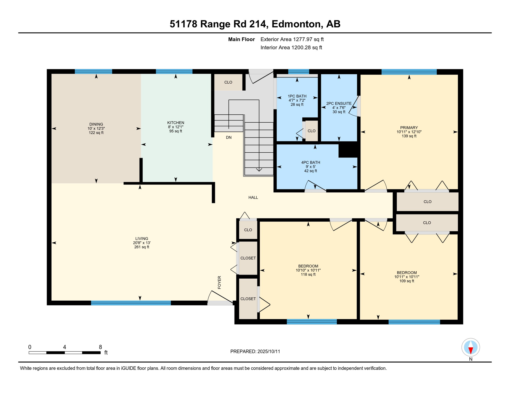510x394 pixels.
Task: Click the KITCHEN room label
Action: tap(176, 123)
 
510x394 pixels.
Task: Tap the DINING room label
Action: tap(96, 124)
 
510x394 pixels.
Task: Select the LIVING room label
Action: tap(142, 239)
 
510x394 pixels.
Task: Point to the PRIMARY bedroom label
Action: tap(409, 127)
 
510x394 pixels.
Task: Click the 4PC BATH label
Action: tap(311, 162)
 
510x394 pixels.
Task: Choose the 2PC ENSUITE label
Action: tap(339, 103)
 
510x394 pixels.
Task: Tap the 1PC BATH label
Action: tap(297, 96)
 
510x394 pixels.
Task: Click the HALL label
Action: tap(253, 198)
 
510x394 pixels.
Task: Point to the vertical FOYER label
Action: tap(219, 282)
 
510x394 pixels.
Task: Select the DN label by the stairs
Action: tap(229, 137)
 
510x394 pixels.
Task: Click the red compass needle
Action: tap(471, 350)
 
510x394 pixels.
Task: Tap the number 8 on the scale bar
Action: tap(100, 347)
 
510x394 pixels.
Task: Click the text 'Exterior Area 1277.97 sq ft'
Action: tap(292, 39)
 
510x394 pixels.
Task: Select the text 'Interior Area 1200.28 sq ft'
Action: tap(291, 47)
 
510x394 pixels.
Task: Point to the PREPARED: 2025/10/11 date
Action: tap(255, 351)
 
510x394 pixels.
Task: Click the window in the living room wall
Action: tap(131, 303)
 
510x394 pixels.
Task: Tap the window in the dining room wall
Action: tap(93, 72)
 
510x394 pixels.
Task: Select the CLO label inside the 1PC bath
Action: tap(311, 131)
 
